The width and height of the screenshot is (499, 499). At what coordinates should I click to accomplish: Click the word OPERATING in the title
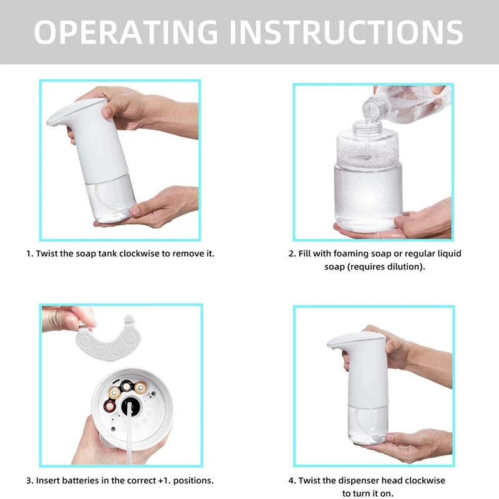pos(126,32)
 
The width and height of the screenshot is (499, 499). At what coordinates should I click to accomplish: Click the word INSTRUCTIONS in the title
pos(346,32)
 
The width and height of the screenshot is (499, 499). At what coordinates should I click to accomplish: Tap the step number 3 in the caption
pos(29,480)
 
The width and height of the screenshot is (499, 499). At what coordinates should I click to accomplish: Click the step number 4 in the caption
pos(292,480)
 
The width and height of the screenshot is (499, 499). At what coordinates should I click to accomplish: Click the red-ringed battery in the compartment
pos(110,406)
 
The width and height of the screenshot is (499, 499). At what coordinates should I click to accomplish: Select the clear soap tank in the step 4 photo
pos(368,424)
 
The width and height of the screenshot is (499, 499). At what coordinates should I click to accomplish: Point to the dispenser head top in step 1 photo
pos(76,112)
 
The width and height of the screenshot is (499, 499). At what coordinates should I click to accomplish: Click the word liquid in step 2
pos(448,254)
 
